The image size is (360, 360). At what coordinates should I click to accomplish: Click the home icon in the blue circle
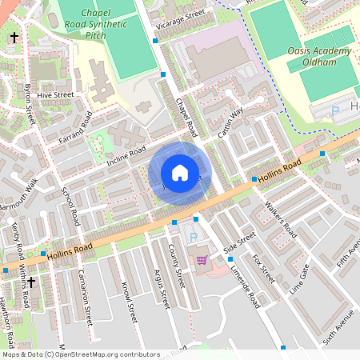(180, 173)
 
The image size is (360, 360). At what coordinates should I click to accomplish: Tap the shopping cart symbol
(202, 259)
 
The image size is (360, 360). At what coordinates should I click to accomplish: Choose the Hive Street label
(55, 94)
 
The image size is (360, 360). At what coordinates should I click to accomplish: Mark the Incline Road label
(126, 157)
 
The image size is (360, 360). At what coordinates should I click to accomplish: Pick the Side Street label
(239, 243)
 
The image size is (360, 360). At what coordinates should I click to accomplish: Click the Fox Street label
(262, 270)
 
